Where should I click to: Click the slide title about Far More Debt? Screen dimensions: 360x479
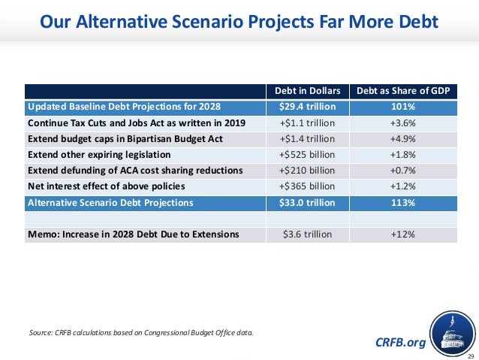click(239, 23)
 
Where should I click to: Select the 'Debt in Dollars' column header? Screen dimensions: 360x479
click(307, 91)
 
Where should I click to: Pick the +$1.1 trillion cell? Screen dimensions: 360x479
click(307, 123)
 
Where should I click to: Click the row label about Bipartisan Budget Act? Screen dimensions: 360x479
click(125, 139)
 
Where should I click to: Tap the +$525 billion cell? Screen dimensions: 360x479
click(307, 154)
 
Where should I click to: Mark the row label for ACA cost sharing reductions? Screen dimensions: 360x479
click(135, 170)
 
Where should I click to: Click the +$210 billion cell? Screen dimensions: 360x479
click(307, 170)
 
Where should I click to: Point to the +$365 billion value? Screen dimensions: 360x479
click(307, 186)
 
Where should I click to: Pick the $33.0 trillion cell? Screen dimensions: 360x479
click(307, 202)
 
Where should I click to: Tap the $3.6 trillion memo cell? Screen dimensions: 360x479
click(307, 234)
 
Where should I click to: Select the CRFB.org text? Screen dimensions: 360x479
click(399, 343)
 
